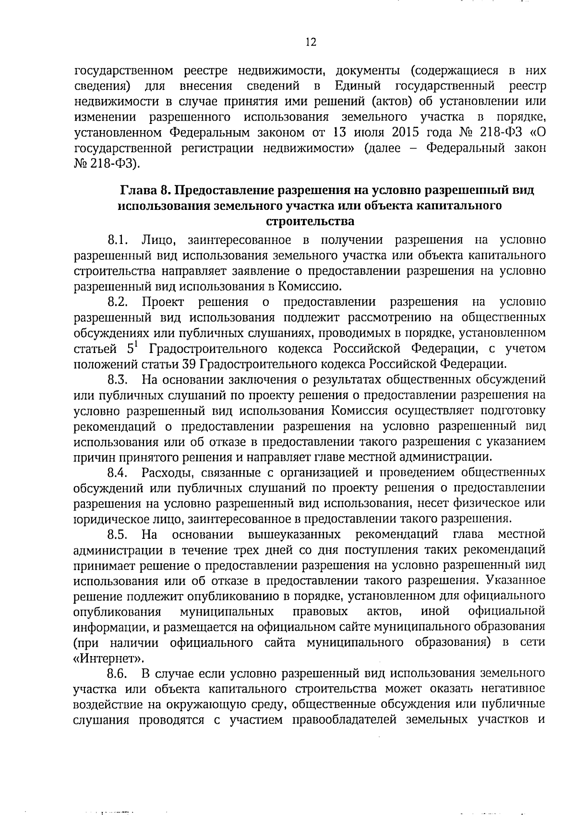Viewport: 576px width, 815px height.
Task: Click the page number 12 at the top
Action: point(311,43)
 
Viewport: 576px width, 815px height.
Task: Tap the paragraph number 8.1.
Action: point(117,240)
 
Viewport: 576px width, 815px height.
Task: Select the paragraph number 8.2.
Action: point(117,302)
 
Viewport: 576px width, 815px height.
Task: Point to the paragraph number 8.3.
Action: point(117,380)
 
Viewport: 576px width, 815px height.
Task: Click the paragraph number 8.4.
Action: point(117,473)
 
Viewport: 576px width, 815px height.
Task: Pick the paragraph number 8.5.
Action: point(117,535)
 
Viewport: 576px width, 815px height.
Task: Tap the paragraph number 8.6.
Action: point(117,674)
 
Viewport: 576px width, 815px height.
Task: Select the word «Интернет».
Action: point(108,658)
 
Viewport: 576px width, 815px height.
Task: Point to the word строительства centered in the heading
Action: point(310,221)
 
